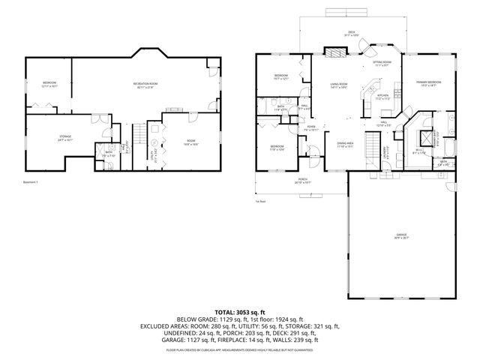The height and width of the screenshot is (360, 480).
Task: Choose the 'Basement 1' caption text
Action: [31, 181]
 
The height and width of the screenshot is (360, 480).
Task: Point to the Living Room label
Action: [339, 86]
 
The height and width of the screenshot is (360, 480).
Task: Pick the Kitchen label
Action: [382, 97]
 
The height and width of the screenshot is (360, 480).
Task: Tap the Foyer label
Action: [312, 128]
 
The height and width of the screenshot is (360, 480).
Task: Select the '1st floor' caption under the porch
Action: [261, 202]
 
